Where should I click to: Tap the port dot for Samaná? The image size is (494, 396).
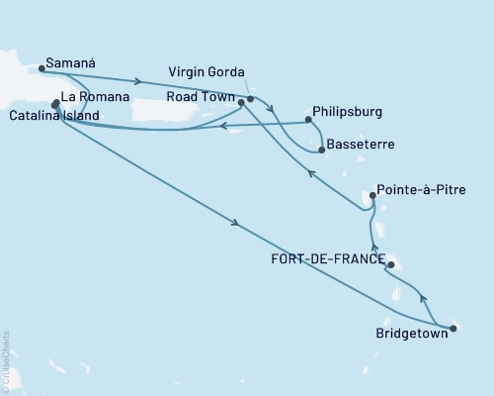click(x=41, y=69)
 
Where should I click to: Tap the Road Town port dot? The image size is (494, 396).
click(x=241, y=101)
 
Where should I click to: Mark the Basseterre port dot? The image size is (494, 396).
click(x=322, y=149)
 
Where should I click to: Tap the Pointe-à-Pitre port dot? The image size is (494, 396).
click(x=372, y=196)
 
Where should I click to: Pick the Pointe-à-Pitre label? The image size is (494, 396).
click(x=419, y=187)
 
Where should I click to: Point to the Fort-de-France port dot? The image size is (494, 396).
click(x=391, y=264)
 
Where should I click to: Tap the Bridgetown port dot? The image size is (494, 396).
click(x=453, y=328)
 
